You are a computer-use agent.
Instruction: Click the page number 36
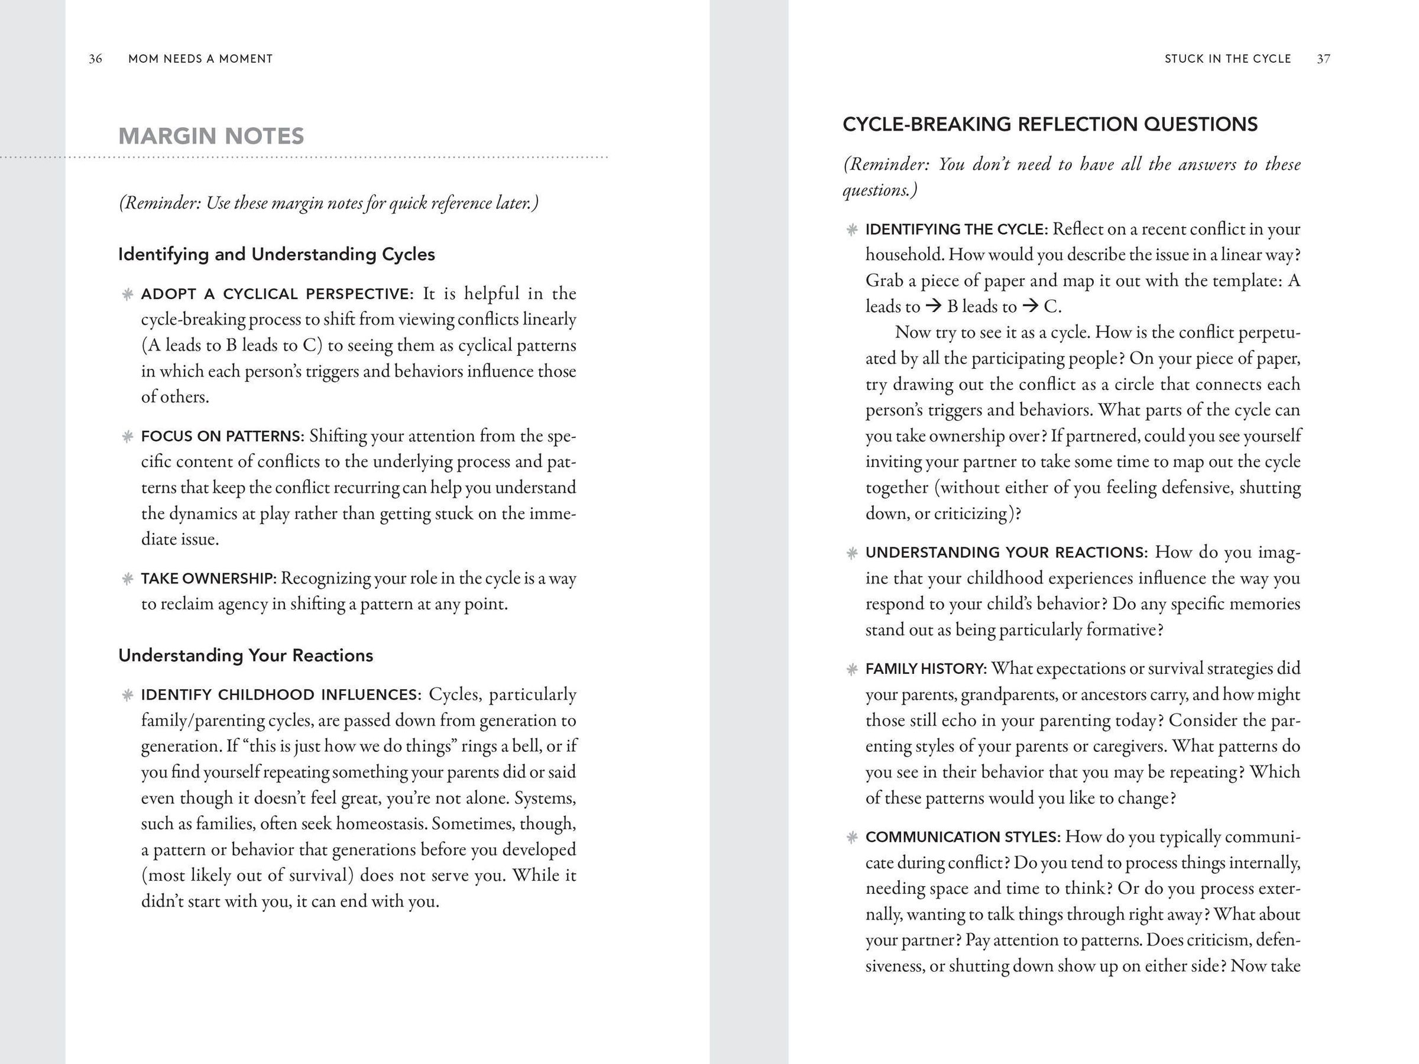coord(96,59)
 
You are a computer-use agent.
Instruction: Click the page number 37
coord(1323,59)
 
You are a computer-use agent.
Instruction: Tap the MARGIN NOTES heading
coord(211,136)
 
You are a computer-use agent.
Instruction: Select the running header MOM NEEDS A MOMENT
coord(200,59)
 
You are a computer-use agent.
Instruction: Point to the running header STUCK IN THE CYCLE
coord(1227,59)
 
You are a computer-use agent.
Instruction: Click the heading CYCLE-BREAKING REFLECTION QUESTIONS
coord(1049,124)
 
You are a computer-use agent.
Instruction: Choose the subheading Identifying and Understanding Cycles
coord(277,255)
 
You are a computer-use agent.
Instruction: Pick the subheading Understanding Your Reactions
coord(246,656)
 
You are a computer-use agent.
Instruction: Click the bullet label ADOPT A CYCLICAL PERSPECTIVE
coord(277,294)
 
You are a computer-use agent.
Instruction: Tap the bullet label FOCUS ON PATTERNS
coord(222,437)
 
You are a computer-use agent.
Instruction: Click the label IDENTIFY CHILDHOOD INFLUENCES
coord(281,695)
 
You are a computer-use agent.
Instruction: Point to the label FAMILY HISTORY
coord(926,670)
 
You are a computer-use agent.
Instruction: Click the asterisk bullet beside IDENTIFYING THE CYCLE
coord(852,229)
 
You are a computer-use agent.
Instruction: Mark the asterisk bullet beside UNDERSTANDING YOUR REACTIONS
coord(852,553)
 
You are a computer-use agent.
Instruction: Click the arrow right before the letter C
coord(1030,307)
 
